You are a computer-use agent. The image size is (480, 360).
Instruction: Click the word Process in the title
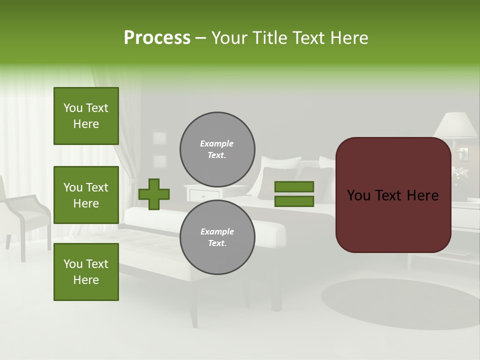[157, 38]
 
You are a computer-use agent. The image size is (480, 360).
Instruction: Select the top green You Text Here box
[86, 116]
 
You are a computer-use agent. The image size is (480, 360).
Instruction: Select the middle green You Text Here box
[86, 195]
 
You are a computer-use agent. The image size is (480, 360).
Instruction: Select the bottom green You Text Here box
[86, 271]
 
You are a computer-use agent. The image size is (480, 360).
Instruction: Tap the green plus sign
[154, 194]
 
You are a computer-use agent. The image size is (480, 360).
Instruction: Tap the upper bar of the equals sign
[294, 187]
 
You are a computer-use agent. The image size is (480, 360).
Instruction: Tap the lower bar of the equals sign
[294, 201]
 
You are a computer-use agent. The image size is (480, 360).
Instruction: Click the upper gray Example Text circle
[217, 149]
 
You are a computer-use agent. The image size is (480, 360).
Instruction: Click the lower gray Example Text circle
[217, 237]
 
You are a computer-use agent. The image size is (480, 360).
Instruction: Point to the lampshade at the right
[456, 124]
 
